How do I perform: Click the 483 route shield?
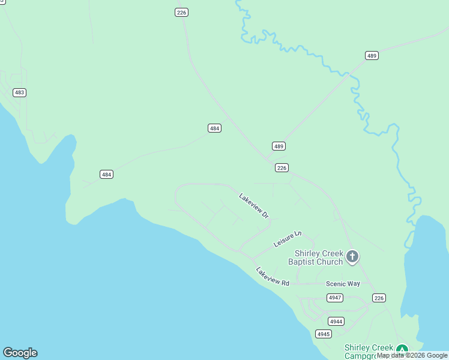[20, 92]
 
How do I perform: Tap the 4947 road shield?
[335, 298]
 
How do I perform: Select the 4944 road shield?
[336, 322]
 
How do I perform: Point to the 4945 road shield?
[323, 334]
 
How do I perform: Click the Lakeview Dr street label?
[253, 205]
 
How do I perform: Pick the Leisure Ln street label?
[287, 239]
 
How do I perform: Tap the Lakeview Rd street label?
[273, 276]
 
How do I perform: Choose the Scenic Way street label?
[343, 284]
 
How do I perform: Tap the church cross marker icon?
[352, 257]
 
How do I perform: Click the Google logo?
[20, 353]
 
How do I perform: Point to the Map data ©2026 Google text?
[412, 356]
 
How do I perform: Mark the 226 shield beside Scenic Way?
[379, 298]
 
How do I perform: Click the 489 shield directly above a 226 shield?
[278, 146]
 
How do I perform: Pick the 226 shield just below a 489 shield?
[282, 167]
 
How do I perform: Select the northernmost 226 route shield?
[182, 12]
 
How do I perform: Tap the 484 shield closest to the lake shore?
[106, 174]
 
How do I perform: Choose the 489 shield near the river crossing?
[372, 56]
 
